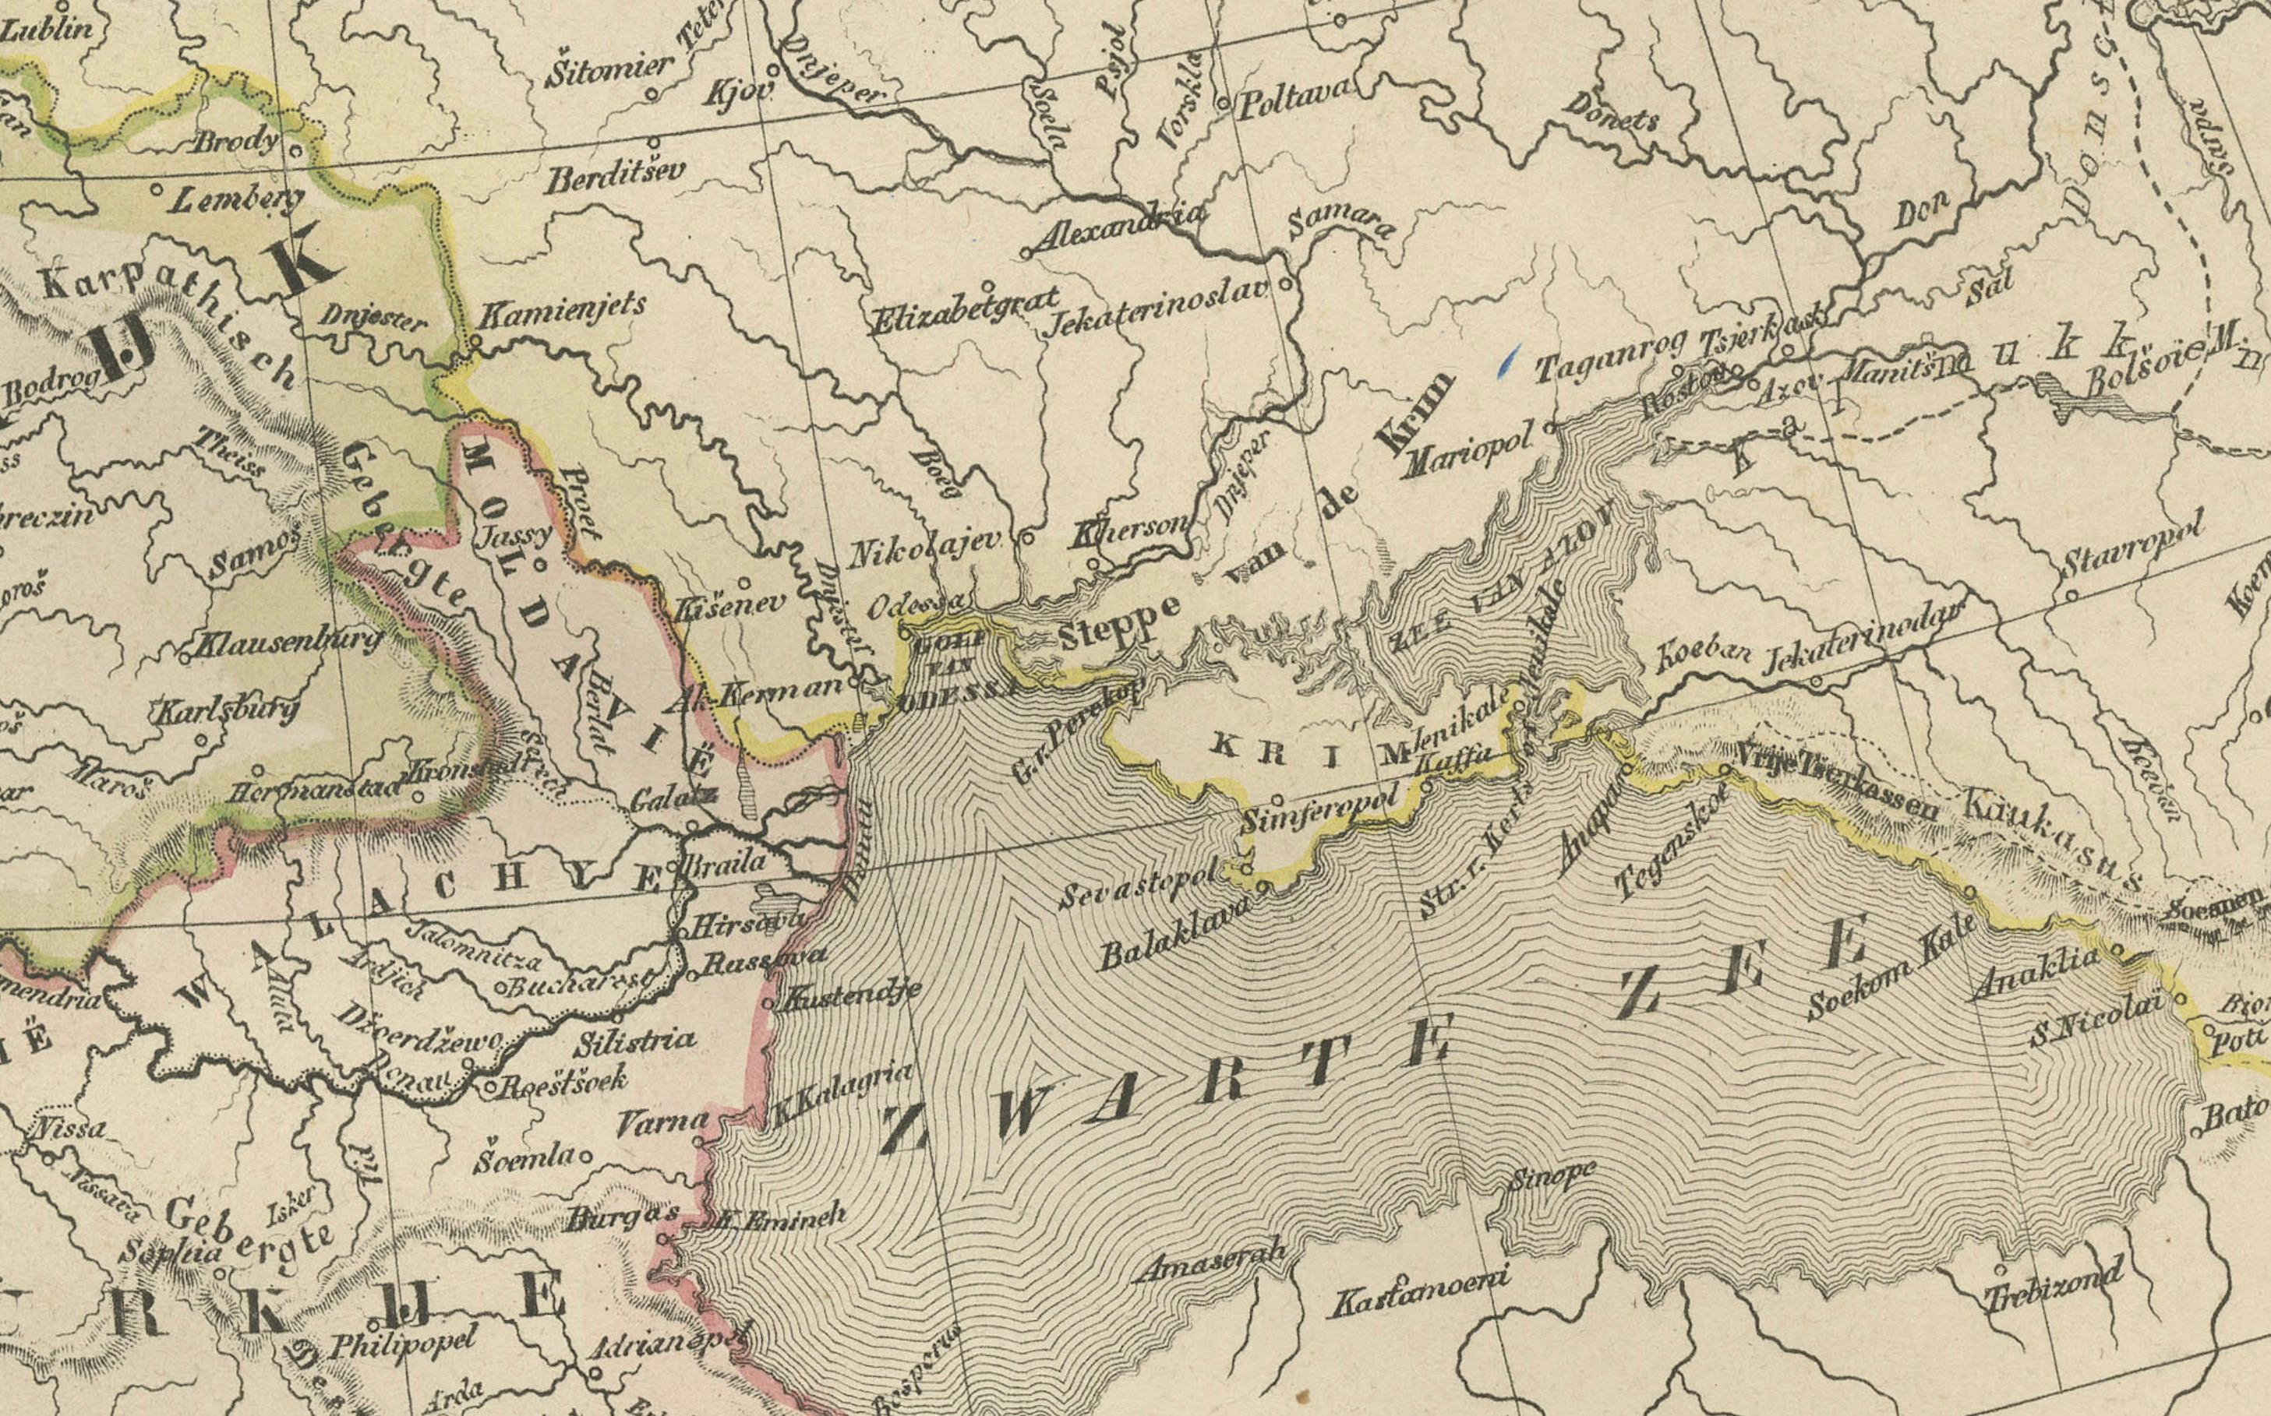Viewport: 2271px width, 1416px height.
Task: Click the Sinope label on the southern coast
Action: point(1552,1176)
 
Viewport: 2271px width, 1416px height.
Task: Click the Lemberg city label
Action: point(237,199)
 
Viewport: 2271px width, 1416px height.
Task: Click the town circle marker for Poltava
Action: point(1224,103)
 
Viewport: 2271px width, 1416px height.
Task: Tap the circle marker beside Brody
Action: point(294,149)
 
